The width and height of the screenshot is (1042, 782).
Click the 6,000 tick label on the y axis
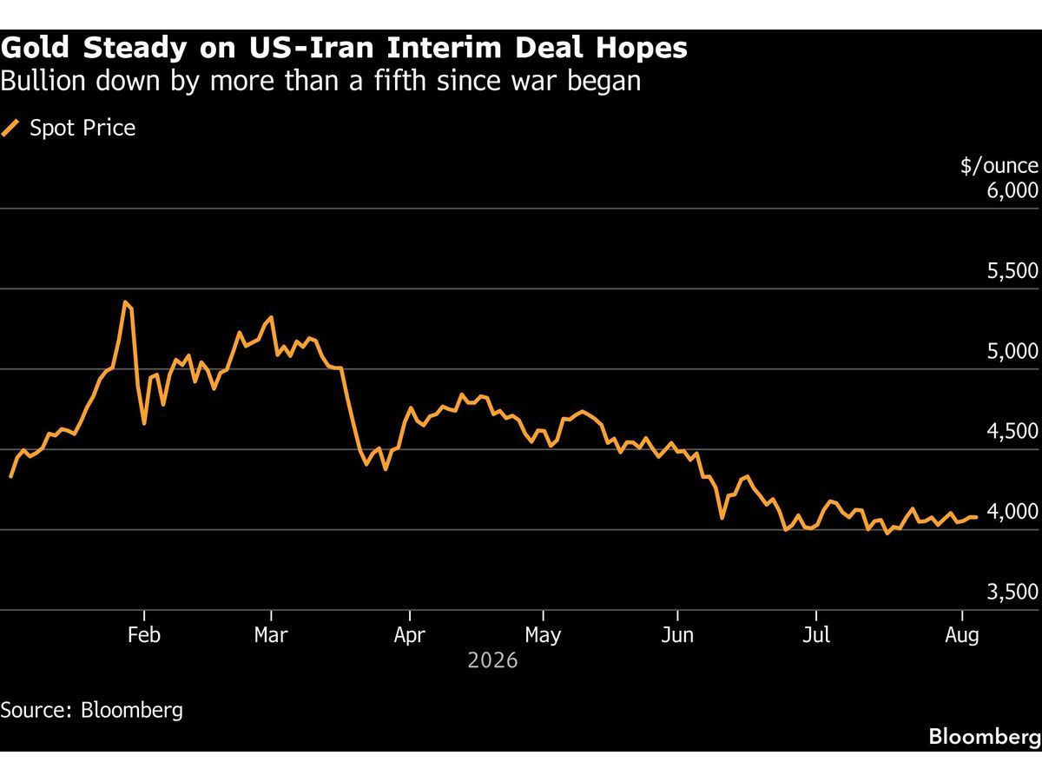1012,190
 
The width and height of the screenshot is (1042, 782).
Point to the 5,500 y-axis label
1012,270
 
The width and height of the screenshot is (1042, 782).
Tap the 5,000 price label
1012,351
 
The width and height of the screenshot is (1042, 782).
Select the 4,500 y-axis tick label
1012,431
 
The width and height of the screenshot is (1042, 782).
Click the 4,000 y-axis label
1012,512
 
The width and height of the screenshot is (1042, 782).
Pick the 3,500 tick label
1012,592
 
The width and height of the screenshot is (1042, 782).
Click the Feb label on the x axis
144,635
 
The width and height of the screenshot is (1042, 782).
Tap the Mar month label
271,635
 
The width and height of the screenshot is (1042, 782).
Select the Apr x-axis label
409,636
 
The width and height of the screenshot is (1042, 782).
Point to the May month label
543,636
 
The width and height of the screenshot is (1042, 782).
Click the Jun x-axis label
677,635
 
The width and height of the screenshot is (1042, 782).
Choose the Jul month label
816,635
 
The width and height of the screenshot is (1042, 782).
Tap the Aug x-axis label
962,636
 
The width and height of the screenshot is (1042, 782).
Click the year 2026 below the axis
492,660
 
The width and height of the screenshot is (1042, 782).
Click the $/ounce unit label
999,166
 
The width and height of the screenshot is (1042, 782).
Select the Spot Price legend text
82,129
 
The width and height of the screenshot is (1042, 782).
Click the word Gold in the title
34,48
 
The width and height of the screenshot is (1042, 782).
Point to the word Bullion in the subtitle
43,81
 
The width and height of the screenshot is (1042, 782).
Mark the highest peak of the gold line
125,302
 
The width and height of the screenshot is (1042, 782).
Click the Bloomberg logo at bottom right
985,738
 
